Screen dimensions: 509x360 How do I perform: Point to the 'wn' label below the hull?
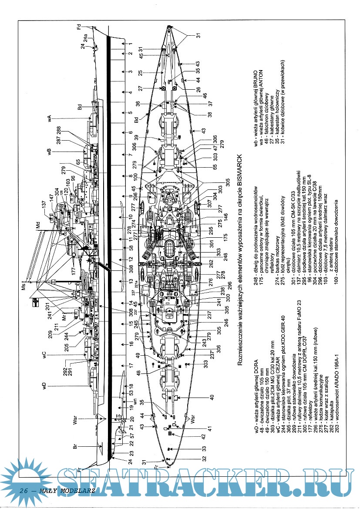(135, 403)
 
